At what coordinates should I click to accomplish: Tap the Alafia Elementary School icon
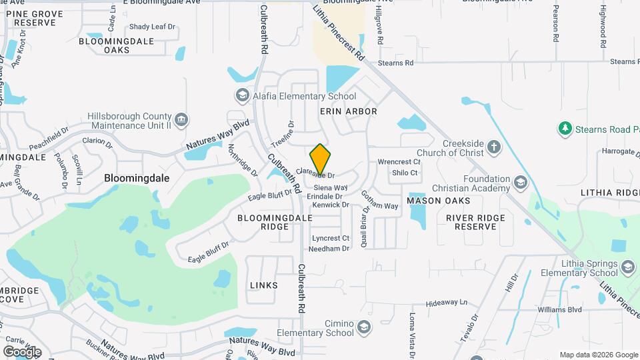(242, 97)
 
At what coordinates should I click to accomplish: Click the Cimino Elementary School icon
(363, 327)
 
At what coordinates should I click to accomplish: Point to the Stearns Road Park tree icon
(565, 127)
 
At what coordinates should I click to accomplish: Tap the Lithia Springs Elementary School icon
(627, 267)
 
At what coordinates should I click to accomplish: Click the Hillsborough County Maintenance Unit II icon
(182, 119)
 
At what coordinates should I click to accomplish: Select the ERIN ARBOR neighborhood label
(349, 111)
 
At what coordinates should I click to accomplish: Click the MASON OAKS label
(438, 201)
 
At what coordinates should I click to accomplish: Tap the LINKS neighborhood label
(263, 285)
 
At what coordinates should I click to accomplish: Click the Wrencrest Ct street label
(399, 162)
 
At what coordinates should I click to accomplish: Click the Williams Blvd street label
(542, 310)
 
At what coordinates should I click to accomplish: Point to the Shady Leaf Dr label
(152, 27)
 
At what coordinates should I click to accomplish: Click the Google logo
(22, 351)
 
